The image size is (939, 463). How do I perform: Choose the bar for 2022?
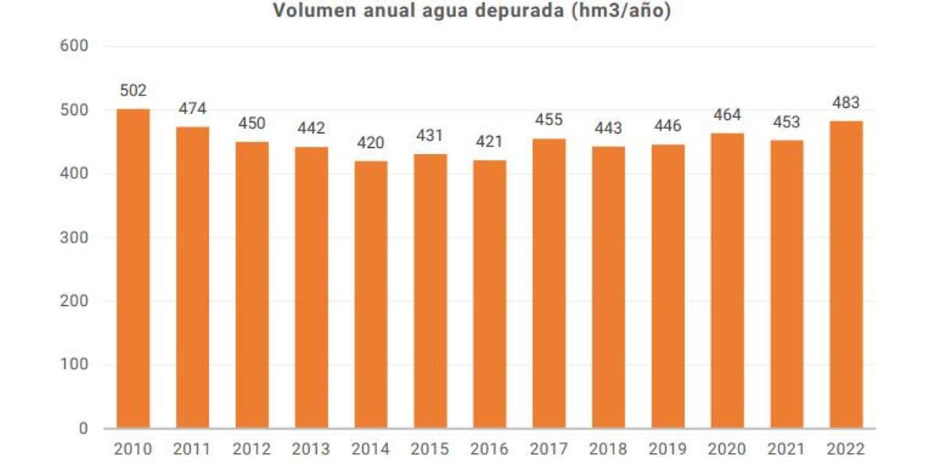(846, 275)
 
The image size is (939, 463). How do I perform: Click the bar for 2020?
(727, 281)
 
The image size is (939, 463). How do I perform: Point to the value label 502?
(133, 91)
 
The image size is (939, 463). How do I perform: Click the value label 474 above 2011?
(192, 108)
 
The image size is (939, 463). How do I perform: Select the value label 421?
(490, 142)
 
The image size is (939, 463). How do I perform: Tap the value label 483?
(846, 102)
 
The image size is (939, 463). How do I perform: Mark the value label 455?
(549, 120)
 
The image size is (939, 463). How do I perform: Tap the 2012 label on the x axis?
(252, 450)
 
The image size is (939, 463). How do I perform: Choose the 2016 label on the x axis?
(490, 450)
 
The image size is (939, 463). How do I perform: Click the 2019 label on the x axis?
(667, 450)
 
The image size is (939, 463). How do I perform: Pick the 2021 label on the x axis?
(786, 450)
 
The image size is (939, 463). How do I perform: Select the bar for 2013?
(311, 287)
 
